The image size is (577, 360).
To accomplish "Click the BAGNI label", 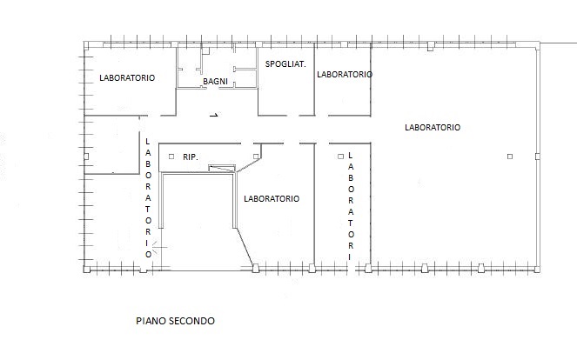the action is pyautogui.click(x=215, y=81).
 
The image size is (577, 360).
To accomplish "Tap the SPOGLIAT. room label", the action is pyautogui.click(x=285, y=64).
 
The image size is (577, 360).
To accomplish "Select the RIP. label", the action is pyautogui.click(x=191, y=157).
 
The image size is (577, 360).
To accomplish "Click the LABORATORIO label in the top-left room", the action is pyautogui.click(x=127, y=78).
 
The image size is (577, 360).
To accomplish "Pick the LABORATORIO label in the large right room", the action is pyautogui.click(x=433, y=128).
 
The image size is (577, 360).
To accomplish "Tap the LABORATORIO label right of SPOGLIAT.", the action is pyautogui.click(x=345, y=75).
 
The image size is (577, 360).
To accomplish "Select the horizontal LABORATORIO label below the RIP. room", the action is pyautogui.click(x=272, y=199).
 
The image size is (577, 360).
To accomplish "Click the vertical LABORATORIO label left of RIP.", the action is pyautogui.click(x=148, y=198).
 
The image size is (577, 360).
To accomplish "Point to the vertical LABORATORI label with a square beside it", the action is pyautogui.click(x=351, y=206).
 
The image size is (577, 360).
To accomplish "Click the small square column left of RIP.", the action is pyautogui.click(x=171, y=157).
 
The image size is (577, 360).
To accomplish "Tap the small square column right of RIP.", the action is pyautogui.click(x=256, y=157).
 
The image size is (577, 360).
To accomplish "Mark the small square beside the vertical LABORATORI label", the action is pyautogui.click(x=340, y=157).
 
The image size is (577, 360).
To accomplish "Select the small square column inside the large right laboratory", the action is pyautogui.click(x=510, y=157).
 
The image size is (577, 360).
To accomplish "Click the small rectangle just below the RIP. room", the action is pyautogui.click(x=222, y=169).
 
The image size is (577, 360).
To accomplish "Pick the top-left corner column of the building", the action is pyautogui.click(x=86, y=45).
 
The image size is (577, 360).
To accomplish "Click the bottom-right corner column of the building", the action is pyautogui.click(x=537, y=270).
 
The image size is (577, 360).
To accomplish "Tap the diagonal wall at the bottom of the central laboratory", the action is pyautogui.click(x=245, y=247).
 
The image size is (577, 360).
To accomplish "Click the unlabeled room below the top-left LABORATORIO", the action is pyautogui.click(x=112, y=144).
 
